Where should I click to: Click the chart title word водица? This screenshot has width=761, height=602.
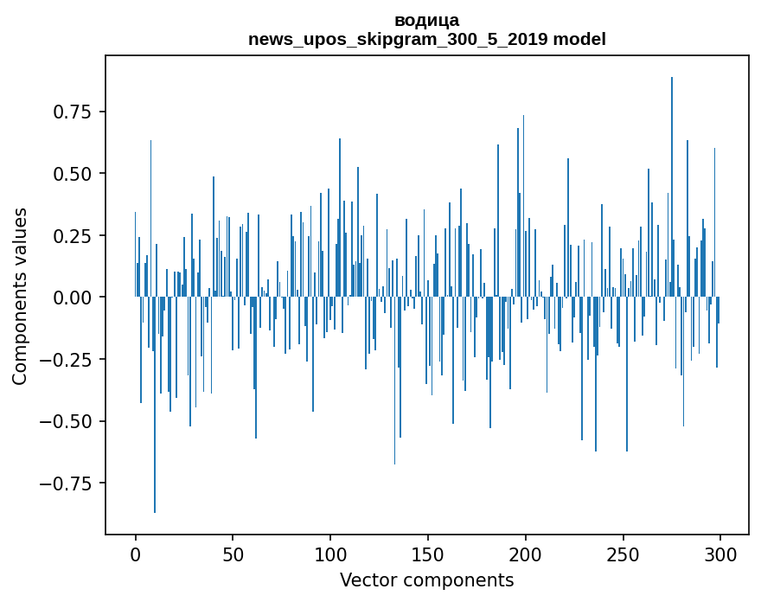(x=427, y=21)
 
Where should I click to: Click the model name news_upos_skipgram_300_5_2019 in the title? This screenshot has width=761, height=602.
(x=399, y=40)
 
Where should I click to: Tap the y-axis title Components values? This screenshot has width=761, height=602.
(x=20, y=296)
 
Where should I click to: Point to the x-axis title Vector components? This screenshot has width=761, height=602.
(x=427, y=580)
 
